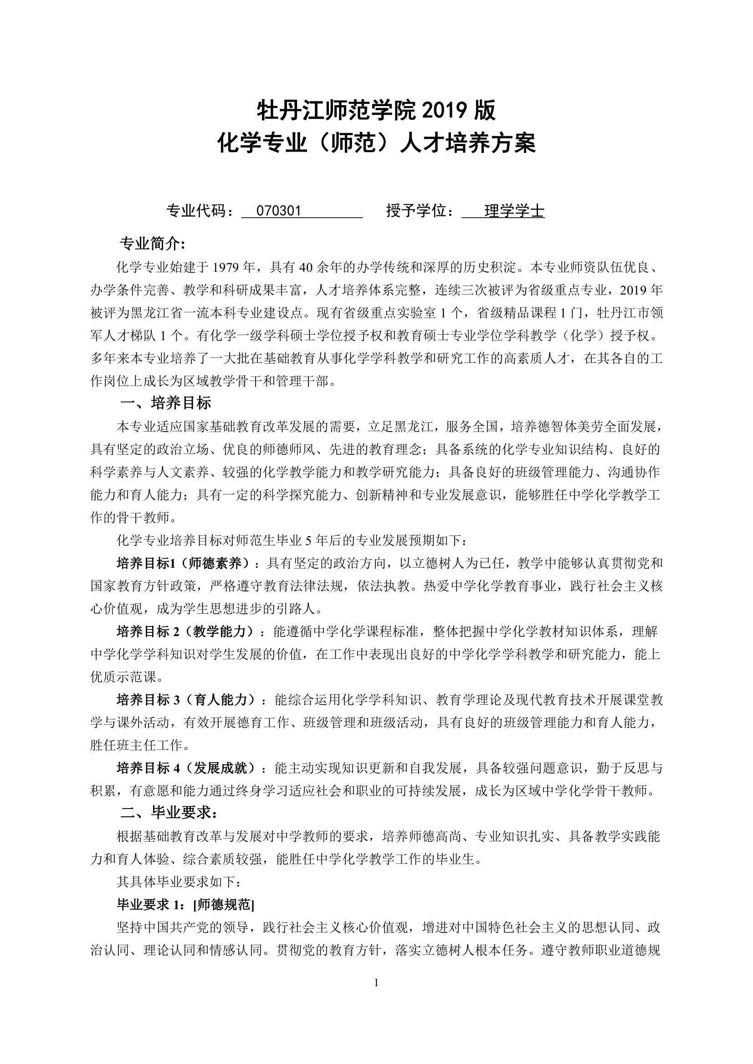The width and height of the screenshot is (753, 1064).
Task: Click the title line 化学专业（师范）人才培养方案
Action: click(x=376, y=144)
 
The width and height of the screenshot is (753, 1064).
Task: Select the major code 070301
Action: click(x=279, y=211)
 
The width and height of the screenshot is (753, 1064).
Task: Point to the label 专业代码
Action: click(x=200, y=211)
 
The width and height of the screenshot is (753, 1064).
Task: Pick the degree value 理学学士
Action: click(x=514, y=211)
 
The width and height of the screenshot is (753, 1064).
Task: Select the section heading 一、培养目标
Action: click(x=165, y=403)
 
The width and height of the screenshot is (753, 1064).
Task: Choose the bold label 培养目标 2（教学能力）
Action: click(x=185, y=631)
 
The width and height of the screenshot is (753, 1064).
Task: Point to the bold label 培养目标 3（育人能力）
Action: click(x=185, y=700)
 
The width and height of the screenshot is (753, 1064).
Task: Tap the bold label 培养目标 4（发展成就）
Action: click(x=185, y=768)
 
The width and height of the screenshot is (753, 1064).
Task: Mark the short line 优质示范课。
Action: click(x=127, y=677)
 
